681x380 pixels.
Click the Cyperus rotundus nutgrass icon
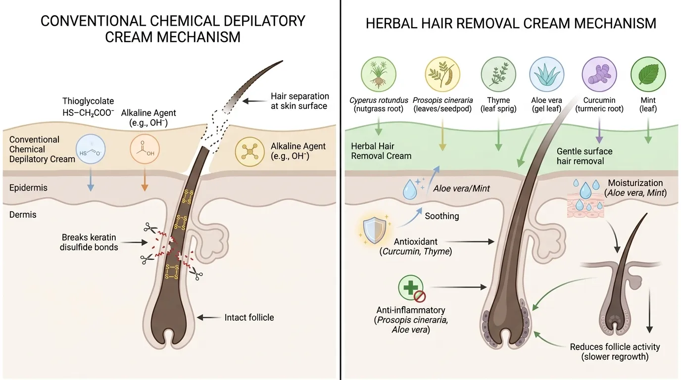tap(379, 74)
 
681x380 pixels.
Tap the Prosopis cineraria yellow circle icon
tap(442, 74)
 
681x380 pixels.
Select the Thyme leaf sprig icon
tap(498, 74)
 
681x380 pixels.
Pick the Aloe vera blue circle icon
tap(546, 74)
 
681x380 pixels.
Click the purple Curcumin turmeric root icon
tap(599, 74)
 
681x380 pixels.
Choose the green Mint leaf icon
tap(648, 74)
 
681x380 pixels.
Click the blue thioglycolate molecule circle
tap(91, 149)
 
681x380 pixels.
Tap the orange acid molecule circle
tap(145, 149)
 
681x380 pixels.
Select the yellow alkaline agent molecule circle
tap(249, 152)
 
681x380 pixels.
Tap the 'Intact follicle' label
tap(249, 318)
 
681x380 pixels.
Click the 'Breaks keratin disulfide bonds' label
tap(89, 242)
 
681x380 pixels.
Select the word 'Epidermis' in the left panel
tap(28, 188)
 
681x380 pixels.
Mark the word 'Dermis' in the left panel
tap(23, 215)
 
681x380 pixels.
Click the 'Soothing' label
tap(442, 216)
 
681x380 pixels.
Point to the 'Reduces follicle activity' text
tap(615, 347)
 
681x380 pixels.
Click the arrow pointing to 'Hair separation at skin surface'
tap(254, 101)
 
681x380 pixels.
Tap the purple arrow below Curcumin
tap(599, 130)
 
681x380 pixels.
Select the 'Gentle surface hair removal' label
tap(584, 156)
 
